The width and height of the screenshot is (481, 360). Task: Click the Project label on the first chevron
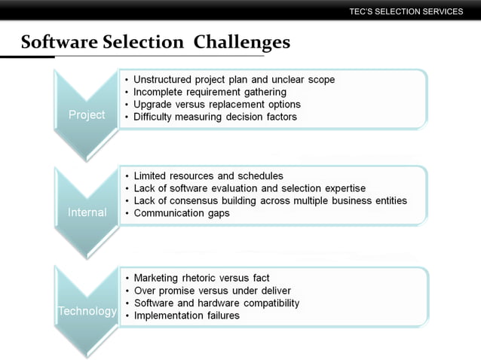pyautogui.click(x=87, y=115)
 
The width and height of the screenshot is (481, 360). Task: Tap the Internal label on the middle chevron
pyautogui.click(x=87, y=212)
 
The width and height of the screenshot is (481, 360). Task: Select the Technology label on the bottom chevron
pyautogui.click(x=87, y=311)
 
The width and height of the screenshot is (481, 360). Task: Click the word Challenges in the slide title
pyautogui.click(x=241, y=42)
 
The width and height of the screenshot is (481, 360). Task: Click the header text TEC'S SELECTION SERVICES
pyautogui.click(x=406, y=11)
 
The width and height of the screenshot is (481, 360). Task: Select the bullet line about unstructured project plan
pyautogui.click(x=234, y=80)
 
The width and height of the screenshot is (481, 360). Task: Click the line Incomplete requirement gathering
pyautogui.click(x=210, y=92)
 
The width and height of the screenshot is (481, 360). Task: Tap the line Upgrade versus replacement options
pyautogui.click(x=217, y=105)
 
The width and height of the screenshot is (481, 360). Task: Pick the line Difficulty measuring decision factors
pyautogui.click(x=215, y=117)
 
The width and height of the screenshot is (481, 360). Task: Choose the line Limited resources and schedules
pyautogui.click(x=208, y=176)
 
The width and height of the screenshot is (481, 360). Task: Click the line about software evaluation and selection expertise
pyautogui.click(x=250, y=188)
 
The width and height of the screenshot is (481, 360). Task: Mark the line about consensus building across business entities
pyautogui.click(x=270, y=200)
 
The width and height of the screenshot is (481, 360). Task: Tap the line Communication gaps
pyautogui.click(x=182, y=213)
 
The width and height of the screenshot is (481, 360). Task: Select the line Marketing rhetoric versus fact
pyautogui.click(x=201, y=279)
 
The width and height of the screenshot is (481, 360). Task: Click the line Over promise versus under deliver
pyautogui.click(x=212, y=291)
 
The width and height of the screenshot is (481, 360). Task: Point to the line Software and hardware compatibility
pyautogui.click(x=216, y=304)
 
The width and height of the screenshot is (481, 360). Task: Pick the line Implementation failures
pyautogui.click(x=186, y=316)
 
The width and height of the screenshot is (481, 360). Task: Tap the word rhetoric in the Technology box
pyautogui.click(x=207, y=279)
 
